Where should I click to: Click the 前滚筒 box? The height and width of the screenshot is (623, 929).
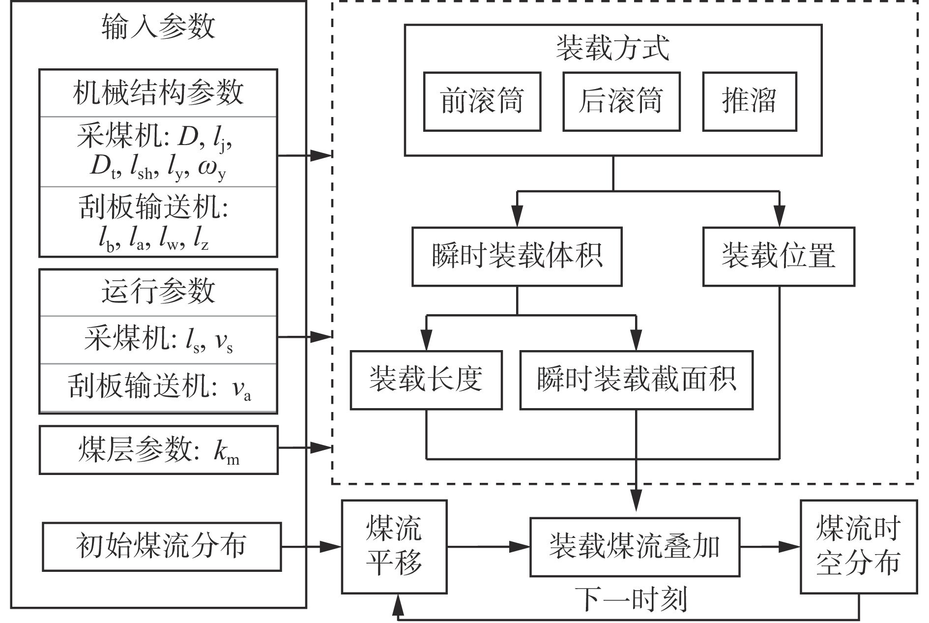[482, 102]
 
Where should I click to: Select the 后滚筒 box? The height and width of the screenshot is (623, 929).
[621, 102]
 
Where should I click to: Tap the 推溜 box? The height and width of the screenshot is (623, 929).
[749, 102]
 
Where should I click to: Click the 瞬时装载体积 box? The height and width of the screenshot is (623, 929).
[517, 257]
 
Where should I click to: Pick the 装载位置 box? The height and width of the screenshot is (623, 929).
[779, 257]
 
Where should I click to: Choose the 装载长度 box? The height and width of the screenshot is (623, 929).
[426, 380]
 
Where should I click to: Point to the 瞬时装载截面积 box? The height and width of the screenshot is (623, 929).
[636, 380]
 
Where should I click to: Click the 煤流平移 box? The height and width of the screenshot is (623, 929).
[394, 546]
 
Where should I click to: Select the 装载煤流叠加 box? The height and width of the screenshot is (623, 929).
[635, 547]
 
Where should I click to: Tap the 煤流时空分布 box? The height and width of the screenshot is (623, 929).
[858, 546]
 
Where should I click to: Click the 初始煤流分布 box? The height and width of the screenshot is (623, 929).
[162, 547]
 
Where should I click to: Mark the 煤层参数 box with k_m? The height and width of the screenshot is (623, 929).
[158, 450]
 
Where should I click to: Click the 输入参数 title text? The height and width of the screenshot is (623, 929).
[158, 27]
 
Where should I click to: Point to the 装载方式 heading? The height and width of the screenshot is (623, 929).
[612, 49]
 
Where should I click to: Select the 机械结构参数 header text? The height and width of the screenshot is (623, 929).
[158, 93]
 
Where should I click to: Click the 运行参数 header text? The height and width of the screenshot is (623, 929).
[158, 292]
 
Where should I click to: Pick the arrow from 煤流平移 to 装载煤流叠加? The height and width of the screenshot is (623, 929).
[489, 546]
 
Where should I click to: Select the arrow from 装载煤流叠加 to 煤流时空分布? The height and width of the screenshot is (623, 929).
[770, 546]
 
